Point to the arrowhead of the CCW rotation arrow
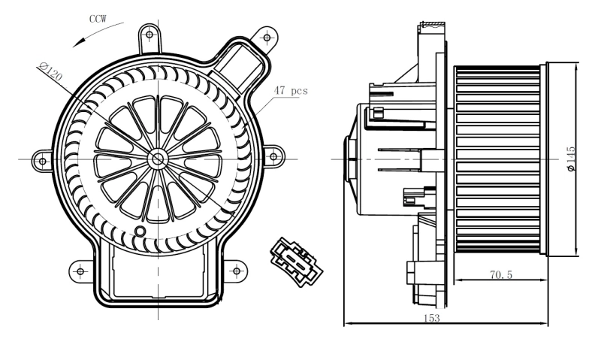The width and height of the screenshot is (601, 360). coord(74,45)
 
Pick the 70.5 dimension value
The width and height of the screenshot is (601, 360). coord(500,276)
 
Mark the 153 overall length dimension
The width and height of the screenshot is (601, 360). coord(431,318)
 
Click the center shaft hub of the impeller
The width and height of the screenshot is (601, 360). coord(158,159)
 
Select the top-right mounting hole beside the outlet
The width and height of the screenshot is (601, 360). coord(265,35)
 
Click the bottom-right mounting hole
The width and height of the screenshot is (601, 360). coord(235,269)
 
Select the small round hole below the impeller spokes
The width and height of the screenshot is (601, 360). coord(139,231)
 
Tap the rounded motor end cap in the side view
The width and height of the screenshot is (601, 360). coord(350,159)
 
